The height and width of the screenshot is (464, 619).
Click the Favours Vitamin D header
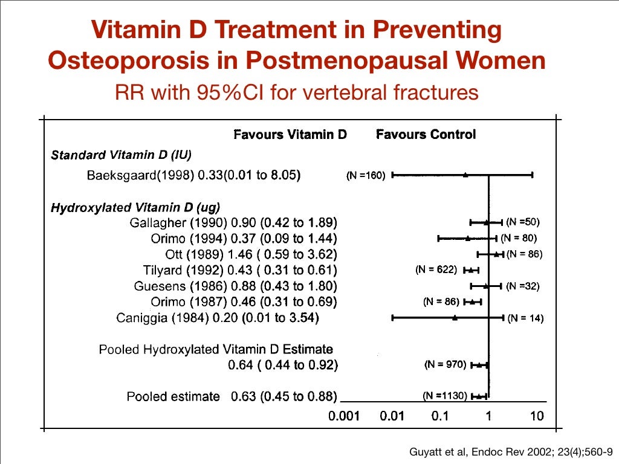tap(290, 134)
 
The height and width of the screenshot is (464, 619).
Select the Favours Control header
tap(426, 134)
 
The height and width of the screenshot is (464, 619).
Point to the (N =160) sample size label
tap(366, 176)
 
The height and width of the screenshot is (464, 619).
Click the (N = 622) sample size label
tap(436, 269)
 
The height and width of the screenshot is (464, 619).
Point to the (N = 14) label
tap(525, 318)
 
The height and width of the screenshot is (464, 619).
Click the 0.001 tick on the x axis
tap(345, 416)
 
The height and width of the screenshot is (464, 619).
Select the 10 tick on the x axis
tap(536, 416)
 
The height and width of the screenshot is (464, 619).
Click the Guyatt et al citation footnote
tap(511, 449)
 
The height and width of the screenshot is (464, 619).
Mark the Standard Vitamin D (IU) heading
tap(121, 155)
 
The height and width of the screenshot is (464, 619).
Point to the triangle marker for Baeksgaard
tap(465, 175)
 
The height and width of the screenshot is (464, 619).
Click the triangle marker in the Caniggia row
tap(455, 317)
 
